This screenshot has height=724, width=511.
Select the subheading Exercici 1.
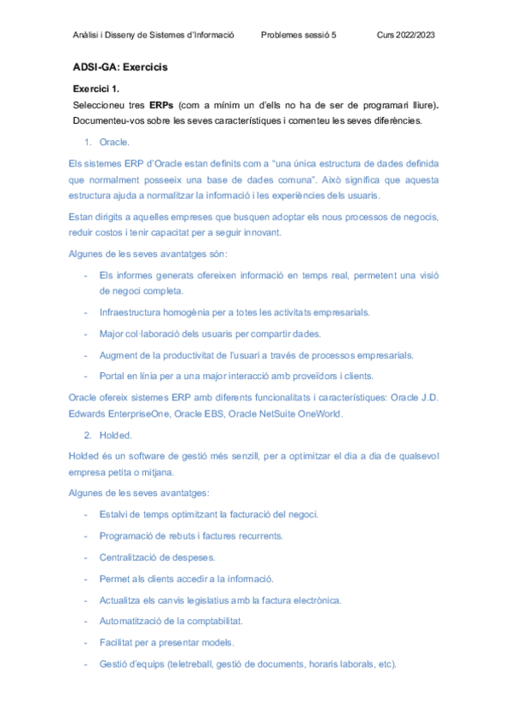(x=96, y=88)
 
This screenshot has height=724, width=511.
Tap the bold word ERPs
(x=161, y=105)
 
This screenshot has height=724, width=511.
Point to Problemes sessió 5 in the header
(x=298, y=35)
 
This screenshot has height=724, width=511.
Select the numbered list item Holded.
(x=115, y=435)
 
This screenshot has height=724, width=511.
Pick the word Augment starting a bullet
(x=119, y=355)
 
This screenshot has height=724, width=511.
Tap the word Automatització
(x=133, y=622)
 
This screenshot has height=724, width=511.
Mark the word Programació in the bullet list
(x=129, y=536)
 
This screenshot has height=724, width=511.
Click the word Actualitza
(x=123, y=600)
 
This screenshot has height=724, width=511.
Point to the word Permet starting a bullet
(x=115, y=579)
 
